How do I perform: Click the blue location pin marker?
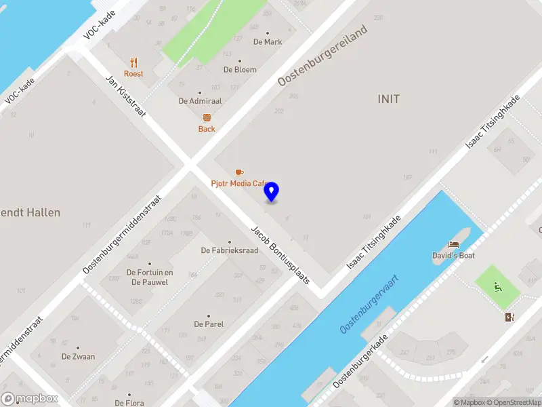[x=272, y=192]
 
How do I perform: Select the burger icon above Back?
[x=207, y=117]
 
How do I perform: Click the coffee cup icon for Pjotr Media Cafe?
[x=238, y=172]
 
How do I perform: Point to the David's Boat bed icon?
[x=453, y=244]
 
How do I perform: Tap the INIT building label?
[x=388, y=99]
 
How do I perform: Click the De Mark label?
[x=268, y=41]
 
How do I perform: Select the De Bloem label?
[x=240, y=69]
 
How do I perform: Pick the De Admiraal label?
[x=200, y=100]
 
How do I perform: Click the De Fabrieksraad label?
[x=230, y=250]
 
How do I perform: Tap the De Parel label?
[x=209, y=324]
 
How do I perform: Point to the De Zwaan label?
[x=78, y=356]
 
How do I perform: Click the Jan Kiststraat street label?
[x=126, y=95]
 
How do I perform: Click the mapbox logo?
[x=30, y=399]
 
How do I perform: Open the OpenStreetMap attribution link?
[x=516, y=402]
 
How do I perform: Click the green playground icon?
[x=498, y=286]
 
